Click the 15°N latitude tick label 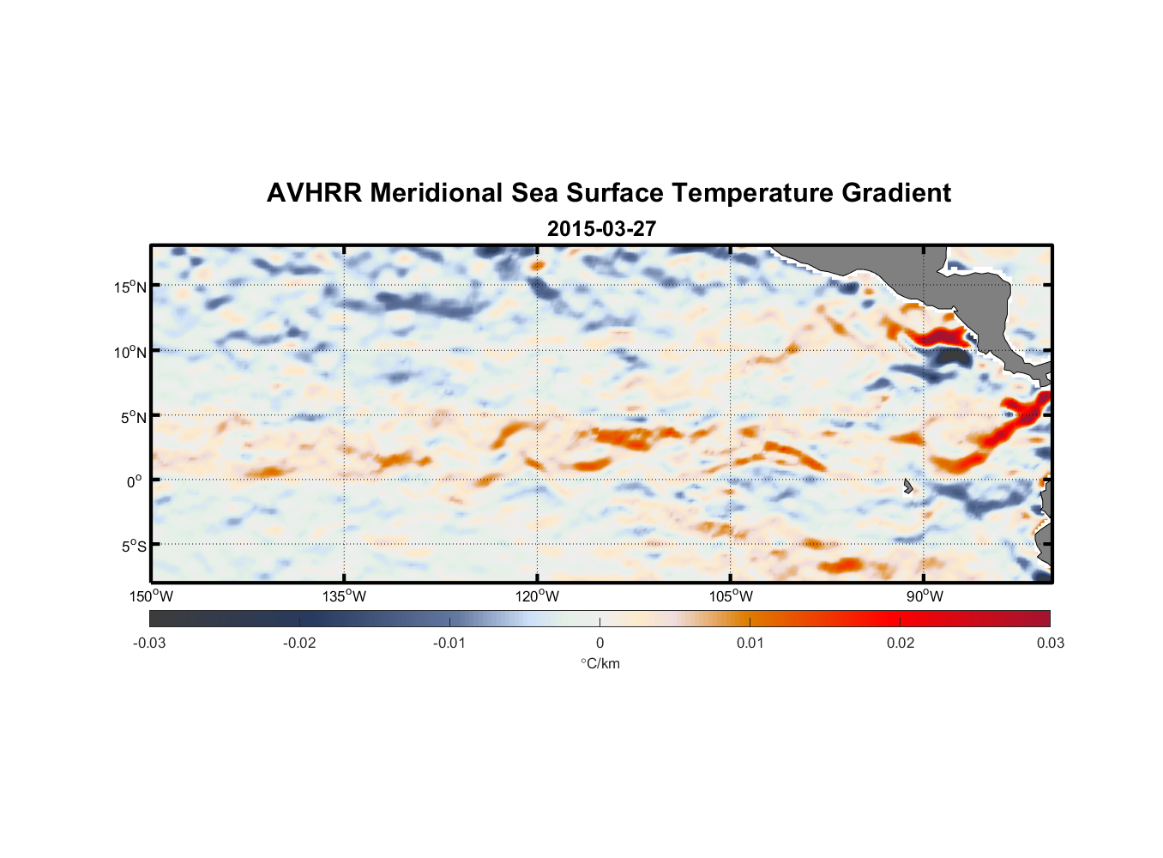coord(130,287)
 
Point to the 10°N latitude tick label coord(130,352)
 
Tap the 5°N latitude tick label coord(133,417)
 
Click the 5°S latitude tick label coord(133,546)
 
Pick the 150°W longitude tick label coord(151,596)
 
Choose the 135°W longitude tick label coord(344,596)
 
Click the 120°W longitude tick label coord(537,596)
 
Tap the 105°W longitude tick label coord(731,596)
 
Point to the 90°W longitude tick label coord(924,596)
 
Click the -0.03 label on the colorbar coord(149,643)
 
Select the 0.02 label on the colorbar coord(901,643)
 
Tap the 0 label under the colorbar coord(600,643)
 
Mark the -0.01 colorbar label coord(449,643)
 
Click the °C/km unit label coord(600,663)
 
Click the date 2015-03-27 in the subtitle coord(601,229)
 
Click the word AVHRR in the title coord(314,193)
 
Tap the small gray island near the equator coord(907,486)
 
